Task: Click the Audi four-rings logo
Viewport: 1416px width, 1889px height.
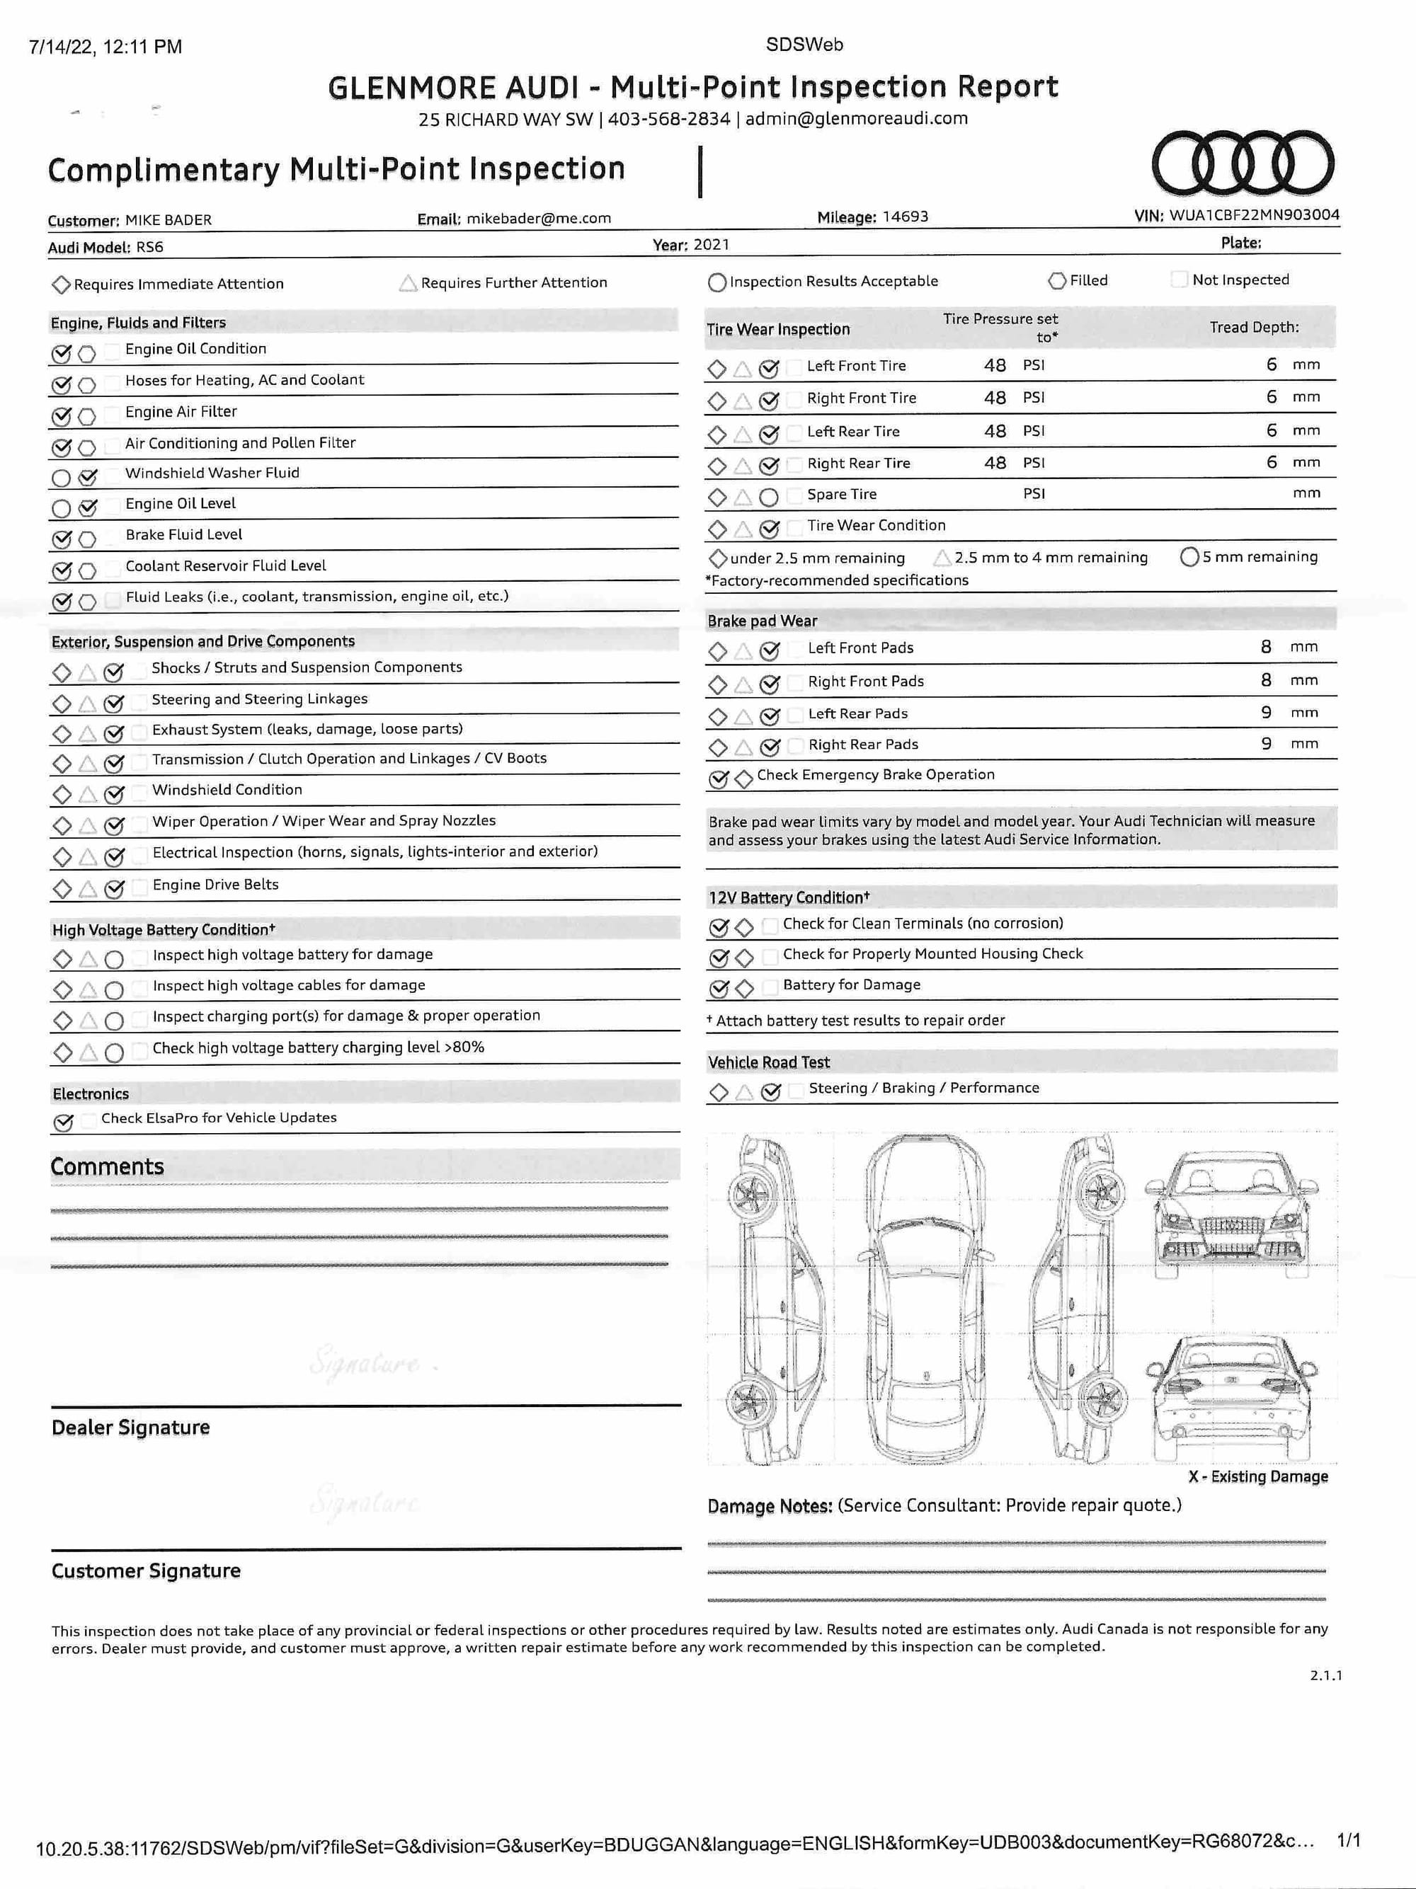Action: pos(1242,162)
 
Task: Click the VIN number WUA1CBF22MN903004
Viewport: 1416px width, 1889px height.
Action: pos(1254,215)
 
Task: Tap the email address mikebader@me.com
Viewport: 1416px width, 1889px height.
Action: pos(538,219)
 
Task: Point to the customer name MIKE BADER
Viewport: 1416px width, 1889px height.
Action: pos(169,220)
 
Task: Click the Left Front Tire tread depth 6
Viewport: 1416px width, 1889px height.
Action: pos(1271,364)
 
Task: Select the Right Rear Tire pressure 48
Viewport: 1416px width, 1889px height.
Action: pos(994,463)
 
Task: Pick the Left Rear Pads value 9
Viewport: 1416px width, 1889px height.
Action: pos(1266,712)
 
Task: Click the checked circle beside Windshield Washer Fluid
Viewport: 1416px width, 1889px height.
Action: pos(87,477)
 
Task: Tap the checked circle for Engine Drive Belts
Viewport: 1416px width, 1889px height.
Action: pos(113,889)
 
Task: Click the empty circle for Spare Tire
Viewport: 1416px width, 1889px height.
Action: pos(769,496)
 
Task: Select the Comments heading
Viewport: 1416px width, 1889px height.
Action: pos(107,1166)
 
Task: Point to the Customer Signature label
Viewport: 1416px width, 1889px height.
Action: pos(145,1571)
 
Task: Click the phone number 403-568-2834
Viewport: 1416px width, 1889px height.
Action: pos(669,119)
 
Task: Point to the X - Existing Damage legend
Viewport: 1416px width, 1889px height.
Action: pos(1257,1476)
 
